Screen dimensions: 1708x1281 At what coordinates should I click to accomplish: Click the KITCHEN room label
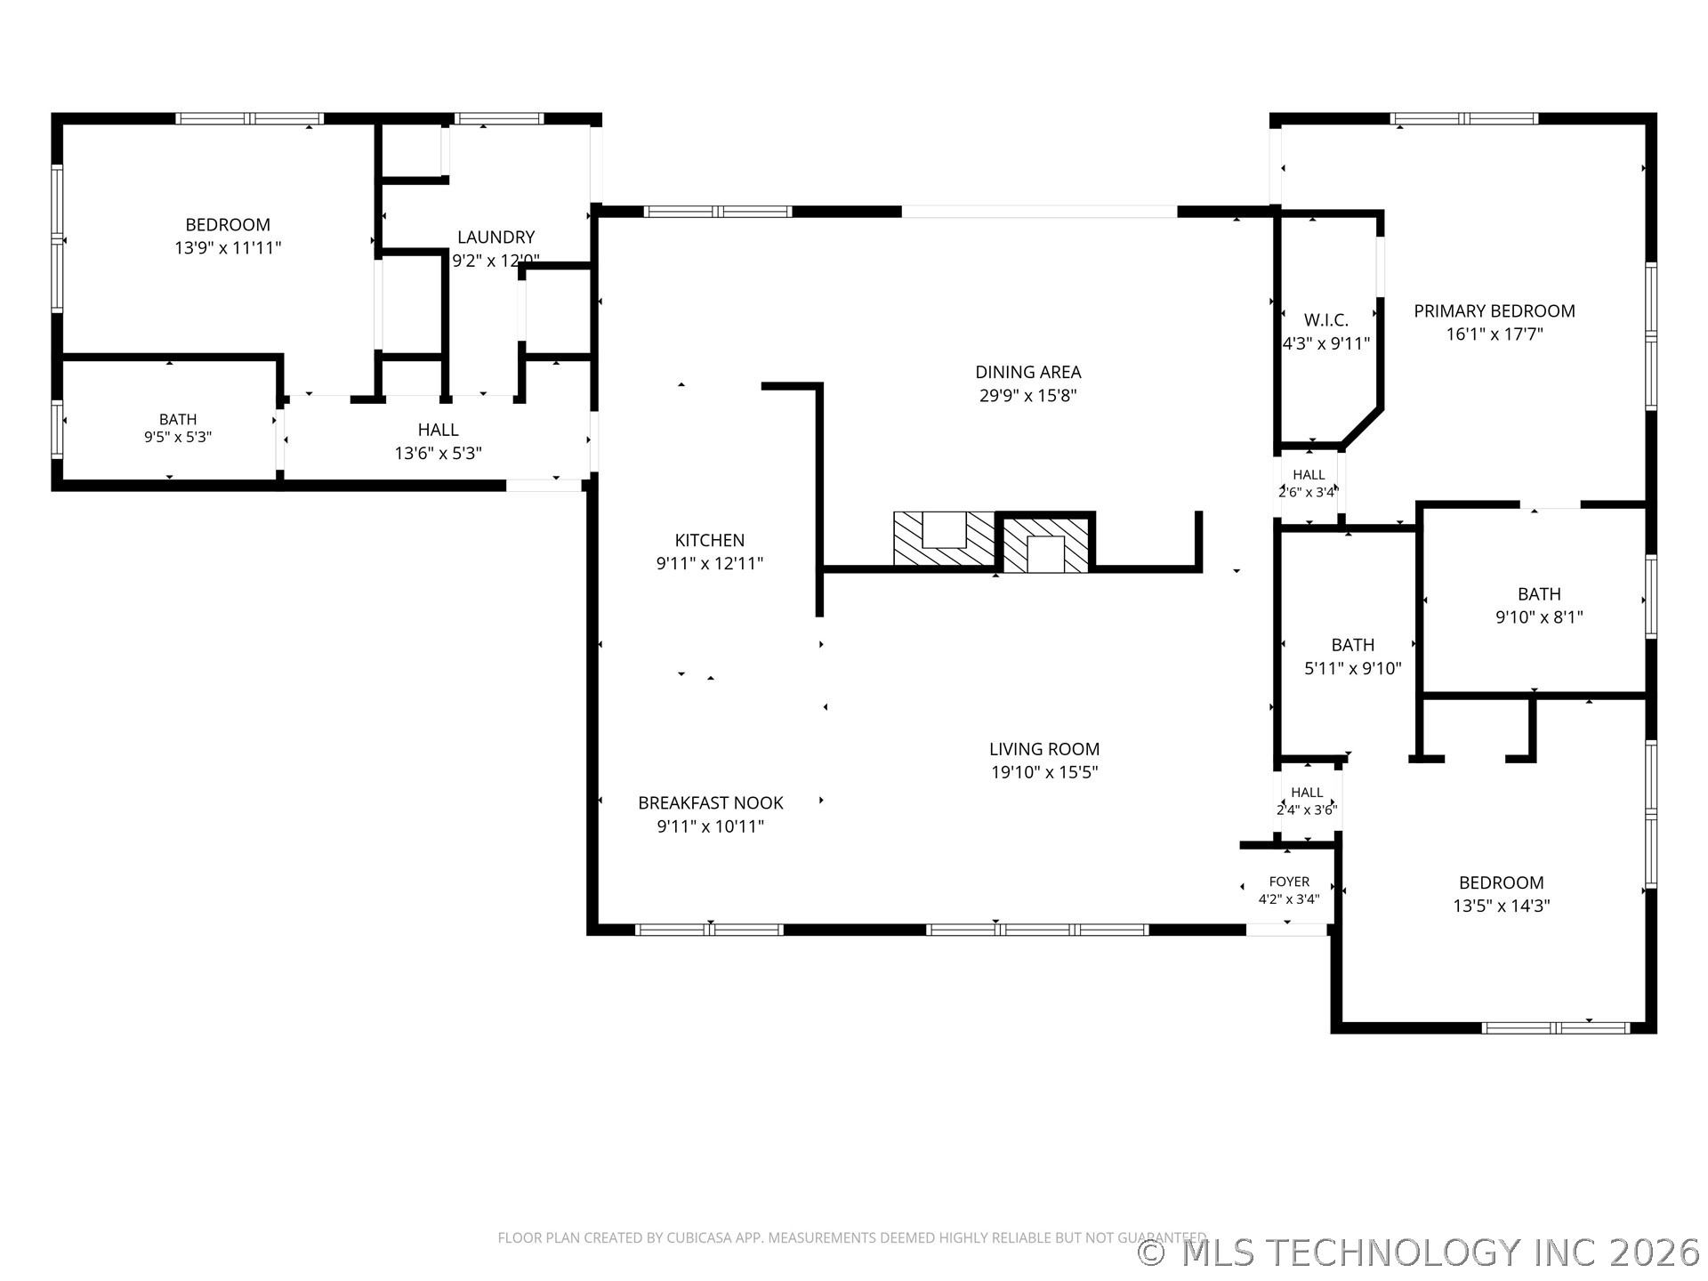click(x=709, y=540)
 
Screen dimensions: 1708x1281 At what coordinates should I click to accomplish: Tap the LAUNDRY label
click(x=495, y=238)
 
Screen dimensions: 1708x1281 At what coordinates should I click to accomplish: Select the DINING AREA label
click(x=1028, y=372)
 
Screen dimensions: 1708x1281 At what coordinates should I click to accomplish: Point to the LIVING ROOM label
click(x=1044, y=749)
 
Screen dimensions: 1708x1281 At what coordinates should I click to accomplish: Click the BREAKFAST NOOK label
click(x=711, y=802)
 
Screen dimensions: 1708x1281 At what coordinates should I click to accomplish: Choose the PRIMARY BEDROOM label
click(x=1494, y=310)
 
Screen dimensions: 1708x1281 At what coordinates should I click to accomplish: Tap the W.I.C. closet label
click(x=1326, y=320)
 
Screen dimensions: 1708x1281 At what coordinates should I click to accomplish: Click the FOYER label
click(x=1289, y=882)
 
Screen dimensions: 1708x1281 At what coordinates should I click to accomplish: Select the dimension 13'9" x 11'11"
click(x=228, y=248)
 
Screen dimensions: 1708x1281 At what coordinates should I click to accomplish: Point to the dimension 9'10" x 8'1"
click(x=1539, y=617)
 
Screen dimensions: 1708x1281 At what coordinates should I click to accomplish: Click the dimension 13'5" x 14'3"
click(x=1501, y=906)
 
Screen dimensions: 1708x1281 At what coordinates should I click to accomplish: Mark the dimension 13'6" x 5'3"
click(x=438, y=454)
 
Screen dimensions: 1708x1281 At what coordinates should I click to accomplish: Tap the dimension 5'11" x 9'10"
click(x=1352, y=668)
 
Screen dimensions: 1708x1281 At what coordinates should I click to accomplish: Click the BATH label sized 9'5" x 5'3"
click(x=178, y=419)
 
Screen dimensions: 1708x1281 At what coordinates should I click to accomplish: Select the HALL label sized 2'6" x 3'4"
click(x=1309, y=475)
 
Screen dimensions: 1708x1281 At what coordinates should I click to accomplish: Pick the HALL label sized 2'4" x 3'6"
click(x=1307, y=793)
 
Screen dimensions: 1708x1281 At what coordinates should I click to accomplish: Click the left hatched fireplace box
click(x=944, y=539)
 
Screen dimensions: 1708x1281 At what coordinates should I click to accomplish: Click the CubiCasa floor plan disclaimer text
click(x=851, y=1237)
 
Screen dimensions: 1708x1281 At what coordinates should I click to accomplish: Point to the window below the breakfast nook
click(x=709, y=930)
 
